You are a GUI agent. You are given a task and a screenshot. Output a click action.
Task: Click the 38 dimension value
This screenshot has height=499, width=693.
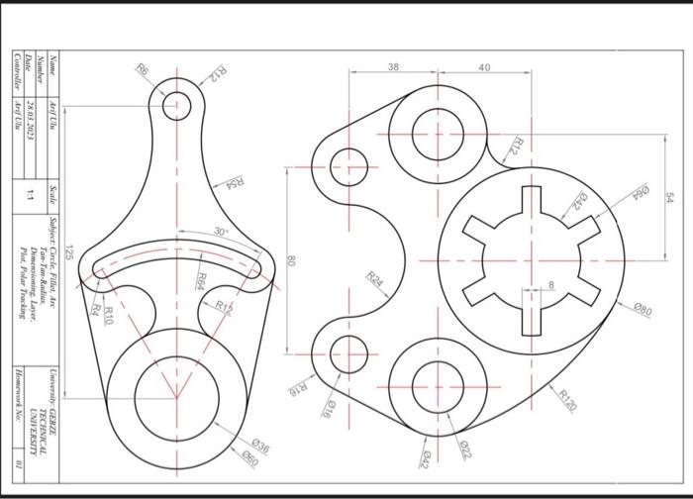(x=394, y=66)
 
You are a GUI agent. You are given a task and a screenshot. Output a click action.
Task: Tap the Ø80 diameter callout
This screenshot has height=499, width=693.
(x=643, y=312)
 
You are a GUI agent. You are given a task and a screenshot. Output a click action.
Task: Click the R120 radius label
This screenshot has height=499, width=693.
(x=567, y=398)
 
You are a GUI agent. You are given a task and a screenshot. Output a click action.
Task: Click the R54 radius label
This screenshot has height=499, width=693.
(x=235, y=182)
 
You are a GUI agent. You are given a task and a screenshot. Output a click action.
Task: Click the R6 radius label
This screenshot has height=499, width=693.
(x=144, y=71)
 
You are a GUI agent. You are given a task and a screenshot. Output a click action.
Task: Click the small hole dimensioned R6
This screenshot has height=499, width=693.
(x=177, y=104)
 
